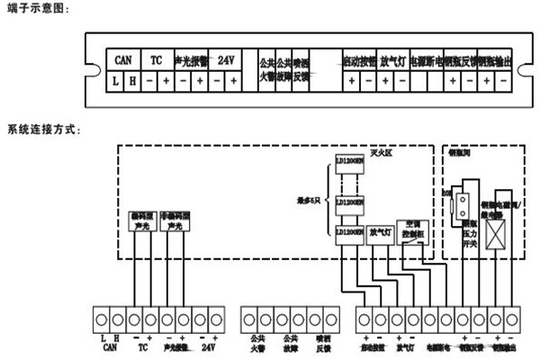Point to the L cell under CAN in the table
coord(115,82)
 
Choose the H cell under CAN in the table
coord(131,82)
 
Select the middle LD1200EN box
coord(349,203)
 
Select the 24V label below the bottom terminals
coord(209,346)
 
